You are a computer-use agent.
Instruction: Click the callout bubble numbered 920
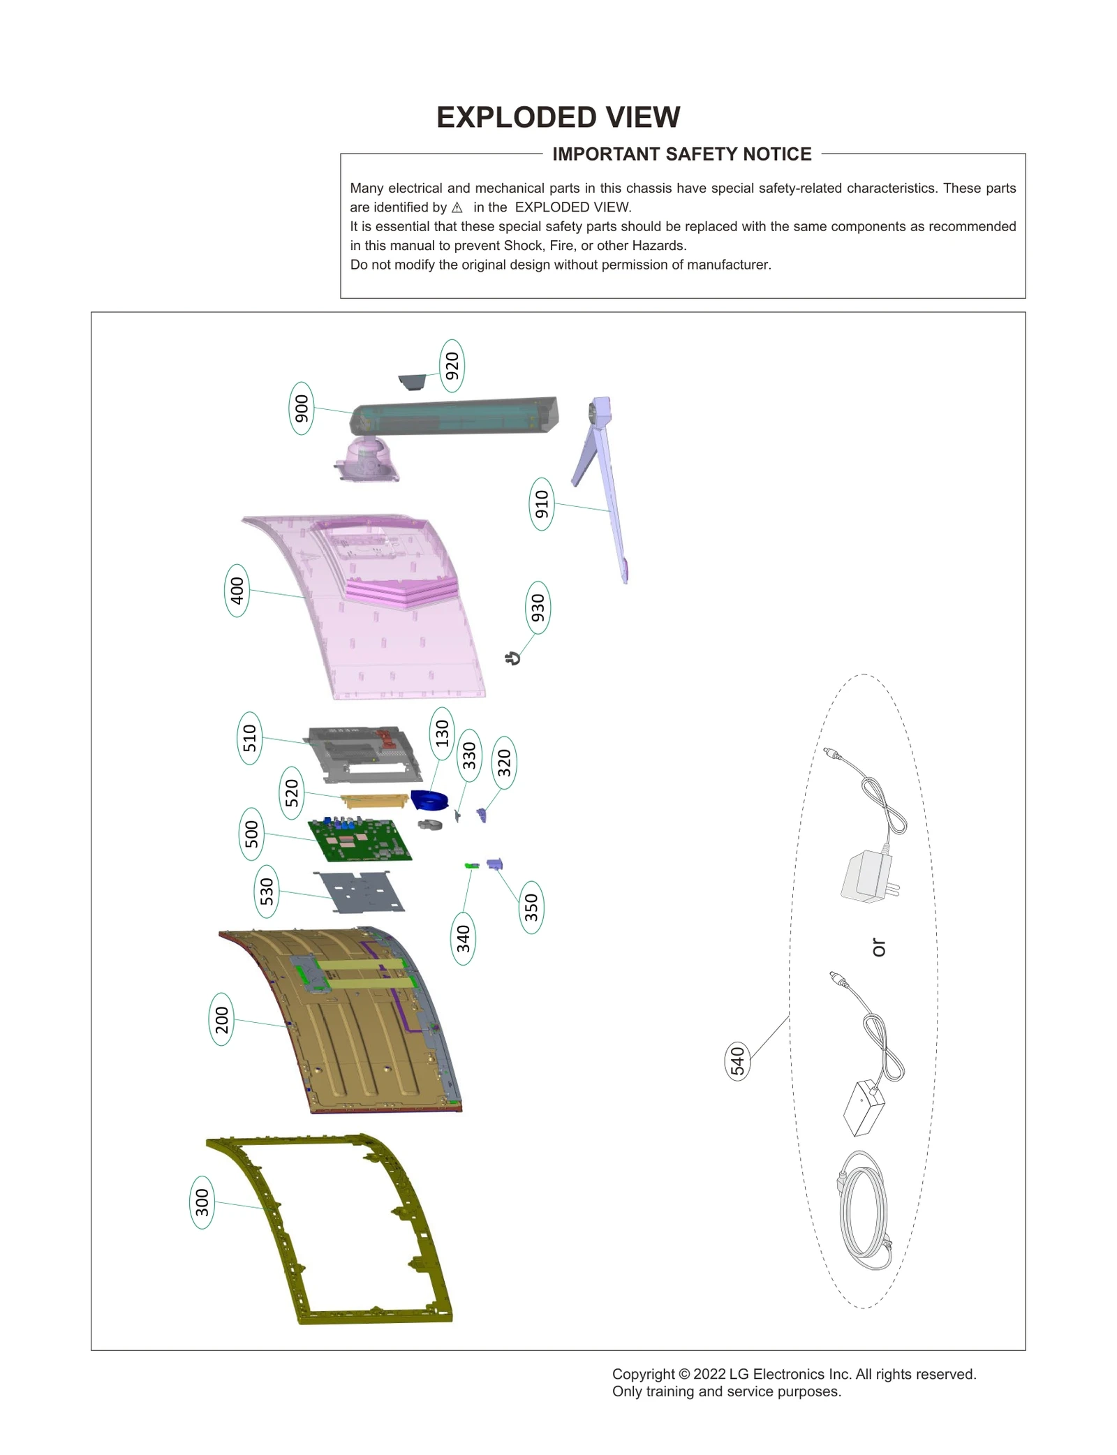click(452, 366)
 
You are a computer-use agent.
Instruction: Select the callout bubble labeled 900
click(301, 408)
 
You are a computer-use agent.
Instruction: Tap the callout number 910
click(542, 504)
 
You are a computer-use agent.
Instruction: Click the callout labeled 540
click(738, 1061)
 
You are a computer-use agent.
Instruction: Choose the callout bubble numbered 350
click(531, 907)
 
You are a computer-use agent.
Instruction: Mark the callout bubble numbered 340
click(463, 938)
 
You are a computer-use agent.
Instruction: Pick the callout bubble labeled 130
click(441, 734)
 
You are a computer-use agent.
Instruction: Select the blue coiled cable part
click(429, 800)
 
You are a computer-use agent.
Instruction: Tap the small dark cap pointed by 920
click(412, 381)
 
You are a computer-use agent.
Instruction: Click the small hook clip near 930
click(513, 658)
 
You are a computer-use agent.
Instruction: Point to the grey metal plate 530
click(359, 892)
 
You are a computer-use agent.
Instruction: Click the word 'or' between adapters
click(878, 947)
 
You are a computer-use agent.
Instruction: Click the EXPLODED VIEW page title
click(558, 117)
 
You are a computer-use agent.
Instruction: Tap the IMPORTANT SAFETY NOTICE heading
click(681, 154)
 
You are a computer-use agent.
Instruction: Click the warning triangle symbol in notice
click(457, 207)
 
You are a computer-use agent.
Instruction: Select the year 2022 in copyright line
click(709, 1374)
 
